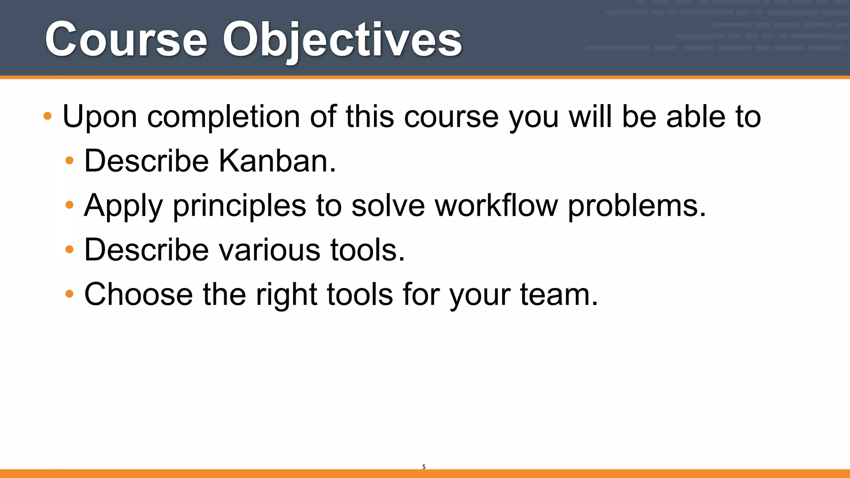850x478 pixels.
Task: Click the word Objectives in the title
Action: pos(342,40)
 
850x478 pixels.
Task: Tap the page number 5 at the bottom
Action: pos(424,467)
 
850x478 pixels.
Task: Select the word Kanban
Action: pos(277,161)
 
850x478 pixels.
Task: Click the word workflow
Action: pos(496,206)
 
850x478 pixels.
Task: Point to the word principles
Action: pos(239,206)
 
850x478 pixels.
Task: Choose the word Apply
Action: pos(123,206)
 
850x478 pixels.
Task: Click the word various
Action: pos(269,250)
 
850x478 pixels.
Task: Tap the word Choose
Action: pos(139,295)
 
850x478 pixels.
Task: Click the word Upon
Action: pos(100,117)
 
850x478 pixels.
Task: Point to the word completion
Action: pos(223,117)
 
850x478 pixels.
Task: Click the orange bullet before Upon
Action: pos(48,116)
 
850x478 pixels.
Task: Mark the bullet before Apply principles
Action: pos(69,205)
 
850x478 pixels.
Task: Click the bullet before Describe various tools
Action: pos(69,249)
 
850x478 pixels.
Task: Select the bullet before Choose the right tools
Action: pos(69,294)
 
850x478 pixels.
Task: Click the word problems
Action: pos(636,206)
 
